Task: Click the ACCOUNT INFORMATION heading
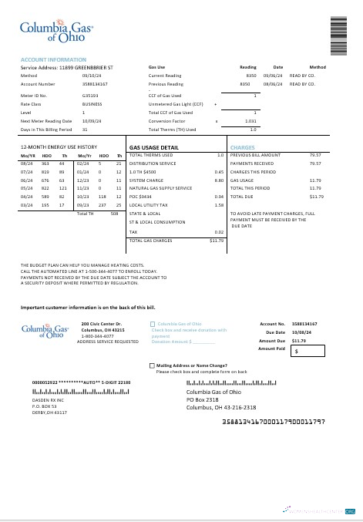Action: coord(53,59)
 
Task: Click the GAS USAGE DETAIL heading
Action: coord(154,146)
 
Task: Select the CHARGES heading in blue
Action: coord(242,146)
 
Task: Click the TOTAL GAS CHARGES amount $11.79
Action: coord(216,241)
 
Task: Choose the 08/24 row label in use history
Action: coord(26,163)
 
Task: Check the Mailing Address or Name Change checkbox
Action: coord(152,365)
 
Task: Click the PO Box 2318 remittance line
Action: coord(203,400)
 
